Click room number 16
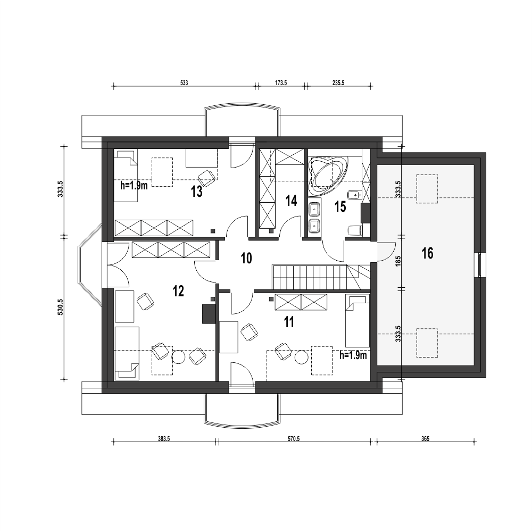[428, 253]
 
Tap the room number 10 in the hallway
[246, 258]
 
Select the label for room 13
[196, 192]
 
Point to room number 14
[291, 201]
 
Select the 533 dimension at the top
[184, 83]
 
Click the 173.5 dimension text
[281, 83]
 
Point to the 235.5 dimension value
[338, 83]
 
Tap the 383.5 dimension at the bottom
[163, 439]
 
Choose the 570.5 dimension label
[294, 439]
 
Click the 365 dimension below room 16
[426, 439]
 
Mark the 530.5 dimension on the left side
[61, 307]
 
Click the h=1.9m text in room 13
[134, 186]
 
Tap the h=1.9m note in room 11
[353, 355]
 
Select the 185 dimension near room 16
[398, 261]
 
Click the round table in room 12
[178, 356]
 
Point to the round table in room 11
[301, 358]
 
